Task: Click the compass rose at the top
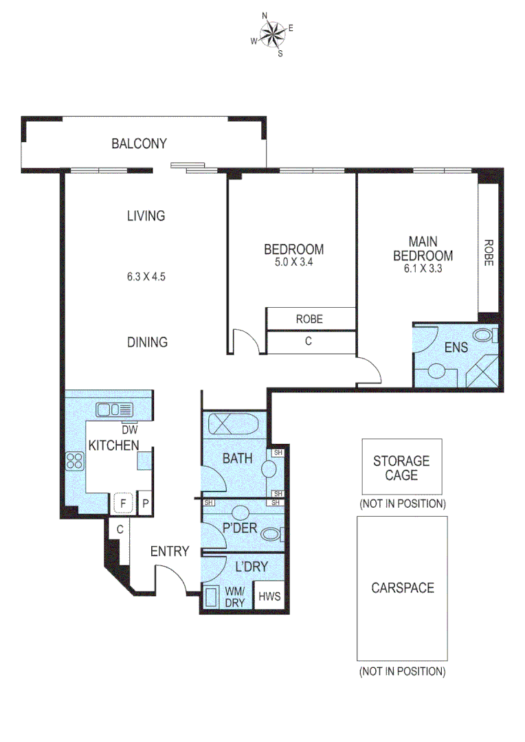pos(273,34)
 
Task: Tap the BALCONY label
pos(139,144)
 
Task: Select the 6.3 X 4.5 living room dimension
pos(146,278)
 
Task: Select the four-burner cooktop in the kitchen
pos(74,461)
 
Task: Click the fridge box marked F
pos(124,504)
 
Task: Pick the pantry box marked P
pos(145,504)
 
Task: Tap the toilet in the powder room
pos(273,534)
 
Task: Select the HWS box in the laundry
pos(269,596)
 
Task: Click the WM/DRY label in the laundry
pos(236,596)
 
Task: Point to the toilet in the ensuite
pos(487,336)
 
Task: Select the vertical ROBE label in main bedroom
pos(489,252)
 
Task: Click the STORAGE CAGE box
pos(402,466)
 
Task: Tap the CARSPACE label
pos(402,588)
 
